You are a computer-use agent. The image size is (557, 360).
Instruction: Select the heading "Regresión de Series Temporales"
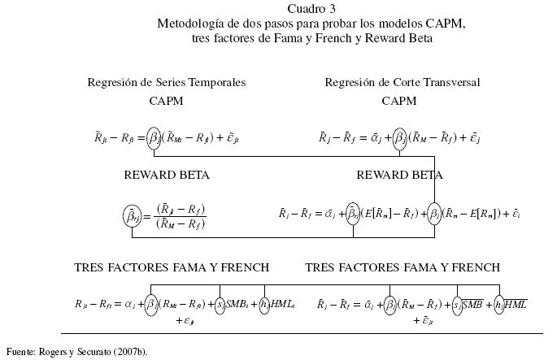[x=167, y=82]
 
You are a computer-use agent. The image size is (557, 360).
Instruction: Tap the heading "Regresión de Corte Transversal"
[x=403, y=82]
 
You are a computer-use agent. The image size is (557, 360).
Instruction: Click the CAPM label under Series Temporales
[x=167, y=102]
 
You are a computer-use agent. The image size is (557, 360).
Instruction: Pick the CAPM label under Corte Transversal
[x=399, y=102]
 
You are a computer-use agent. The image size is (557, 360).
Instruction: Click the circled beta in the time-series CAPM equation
[x=154, y=138]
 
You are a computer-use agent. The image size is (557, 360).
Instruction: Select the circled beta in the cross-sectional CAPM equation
[x=399, y=138]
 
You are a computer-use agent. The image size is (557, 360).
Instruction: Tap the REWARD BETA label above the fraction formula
[x=167, y=175]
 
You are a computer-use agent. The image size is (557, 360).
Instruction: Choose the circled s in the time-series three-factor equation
[x=220, y=304]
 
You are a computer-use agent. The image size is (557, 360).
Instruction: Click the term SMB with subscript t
[x=240, y=304]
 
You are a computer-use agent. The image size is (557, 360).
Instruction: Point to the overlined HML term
[x=516, y=304]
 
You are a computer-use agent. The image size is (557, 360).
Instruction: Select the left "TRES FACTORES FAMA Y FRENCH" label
[x=172, y=267]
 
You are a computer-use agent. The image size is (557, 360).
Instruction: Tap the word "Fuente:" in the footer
[x=21, y=351]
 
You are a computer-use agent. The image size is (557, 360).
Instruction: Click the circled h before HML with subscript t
[x=264, y=304]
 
